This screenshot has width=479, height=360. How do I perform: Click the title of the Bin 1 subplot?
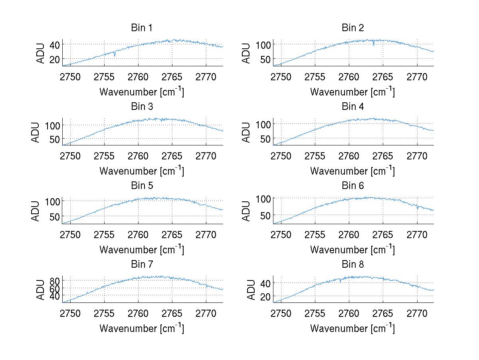click(x=142, y=28)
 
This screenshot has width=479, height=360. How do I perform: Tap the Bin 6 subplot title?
click(x=353, y=186)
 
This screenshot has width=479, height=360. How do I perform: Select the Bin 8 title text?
click(x=353, y=265)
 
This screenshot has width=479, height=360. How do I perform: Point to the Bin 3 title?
click(x=142, y=107)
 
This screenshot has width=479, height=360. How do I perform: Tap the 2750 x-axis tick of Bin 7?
click(x=71, y=313)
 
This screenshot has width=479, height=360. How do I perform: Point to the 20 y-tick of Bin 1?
click(x=54, y=59)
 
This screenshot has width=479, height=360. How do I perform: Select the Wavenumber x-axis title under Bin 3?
click(x=142, y=171)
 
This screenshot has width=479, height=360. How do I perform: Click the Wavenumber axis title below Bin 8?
click(x=352, y=328)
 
